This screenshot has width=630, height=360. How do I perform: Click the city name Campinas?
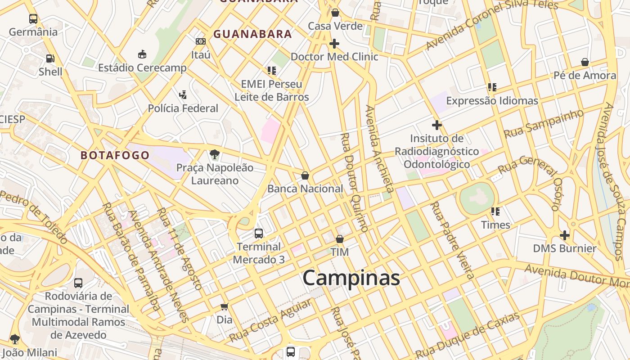point(351,278)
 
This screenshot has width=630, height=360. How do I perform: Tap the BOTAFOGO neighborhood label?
point(115,155)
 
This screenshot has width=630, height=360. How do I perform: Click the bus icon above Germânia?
point(33,19)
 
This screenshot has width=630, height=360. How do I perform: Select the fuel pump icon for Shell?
point(50,58)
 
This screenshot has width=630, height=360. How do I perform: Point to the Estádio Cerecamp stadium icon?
point(142,54)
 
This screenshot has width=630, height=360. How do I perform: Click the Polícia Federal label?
point(183,108)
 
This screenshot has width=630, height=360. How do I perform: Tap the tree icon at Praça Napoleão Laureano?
point(215,154)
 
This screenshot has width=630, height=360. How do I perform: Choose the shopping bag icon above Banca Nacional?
point(305,175)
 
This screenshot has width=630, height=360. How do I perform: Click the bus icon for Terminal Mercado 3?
point(259,233)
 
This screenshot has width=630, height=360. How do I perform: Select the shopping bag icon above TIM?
point(340,239)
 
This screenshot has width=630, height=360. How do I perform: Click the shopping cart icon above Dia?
point(225,307)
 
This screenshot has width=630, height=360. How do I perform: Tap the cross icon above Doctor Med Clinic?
point(334,44)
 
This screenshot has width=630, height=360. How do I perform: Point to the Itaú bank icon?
point(201,41)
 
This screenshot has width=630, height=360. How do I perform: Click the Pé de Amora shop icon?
point(585,62)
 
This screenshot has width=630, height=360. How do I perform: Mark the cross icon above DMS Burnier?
point(565,235)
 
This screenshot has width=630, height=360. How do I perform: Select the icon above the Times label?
point(495,211)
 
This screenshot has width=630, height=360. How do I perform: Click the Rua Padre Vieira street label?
point(452,240)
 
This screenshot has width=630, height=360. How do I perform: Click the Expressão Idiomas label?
point(492,101)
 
